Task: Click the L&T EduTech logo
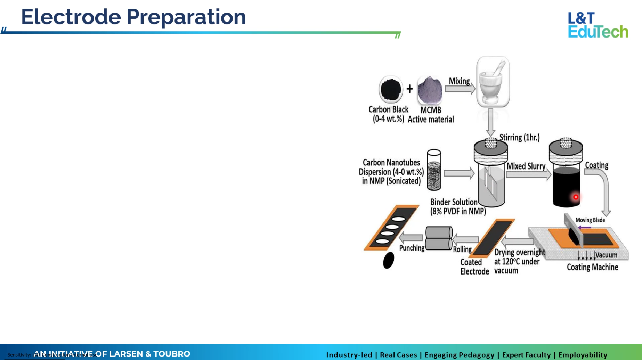[598, 25]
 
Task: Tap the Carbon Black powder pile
[390, 89]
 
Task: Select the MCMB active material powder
[430, 90]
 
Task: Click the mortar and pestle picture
[493, 82]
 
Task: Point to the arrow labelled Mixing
[460, 89]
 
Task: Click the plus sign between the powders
[410, 89]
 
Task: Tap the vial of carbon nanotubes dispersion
[434, 170]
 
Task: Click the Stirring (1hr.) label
[519, 138]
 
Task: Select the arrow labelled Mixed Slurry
[528, 174]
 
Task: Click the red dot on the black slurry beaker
[576, 197]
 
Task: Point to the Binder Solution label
[458, 207]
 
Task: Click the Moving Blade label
[590, 220]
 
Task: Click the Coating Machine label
[592, 267]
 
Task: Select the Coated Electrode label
[474, 267]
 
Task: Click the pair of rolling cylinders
[439, 238]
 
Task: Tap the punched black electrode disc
[388, 260]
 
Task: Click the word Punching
[412, 248]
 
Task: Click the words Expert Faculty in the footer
[526, 355]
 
